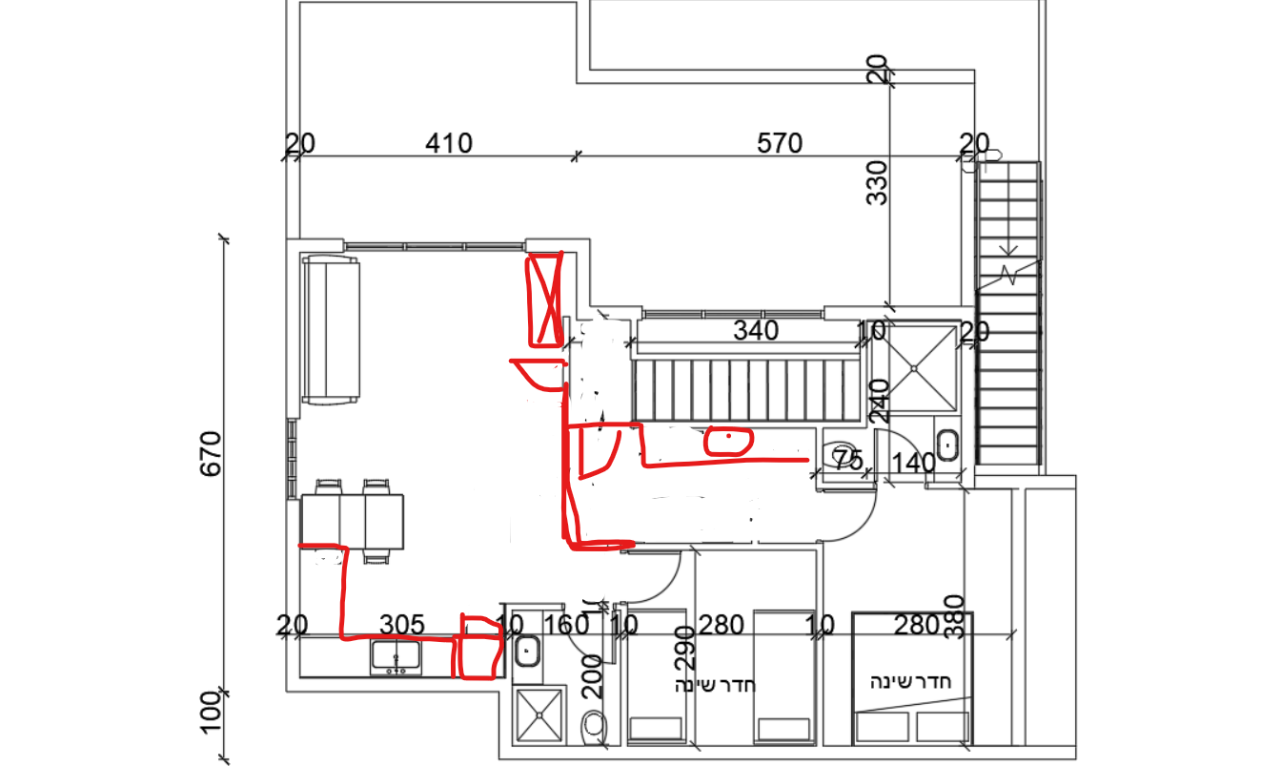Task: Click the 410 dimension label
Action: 449,143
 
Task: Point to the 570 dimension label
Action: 780,143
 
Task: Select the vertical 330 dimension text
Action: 877,182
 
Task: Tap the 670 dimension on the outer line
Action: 211,454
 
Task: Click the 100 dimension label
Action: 211,713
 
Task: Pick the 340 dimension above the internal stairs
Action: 756,331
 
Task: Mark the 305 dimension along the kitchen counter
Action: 402,625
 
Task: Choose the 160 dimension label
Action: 566,625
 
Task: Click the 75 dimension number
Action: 847,459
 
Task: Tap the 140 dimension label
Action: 914,464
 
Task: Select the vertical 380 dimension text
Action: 955,617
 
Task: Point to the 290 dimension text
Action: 684,648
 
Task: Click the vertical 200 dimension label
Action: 592,676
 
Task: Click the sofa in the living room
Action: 331,330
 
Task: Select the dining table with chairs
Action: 352,521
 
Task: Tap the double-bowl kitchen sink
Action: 396,657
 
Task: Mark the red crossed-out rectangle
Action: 545,300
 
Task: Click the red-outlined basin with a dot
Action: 728,442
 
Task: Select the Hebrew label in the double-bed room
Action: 910,682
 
